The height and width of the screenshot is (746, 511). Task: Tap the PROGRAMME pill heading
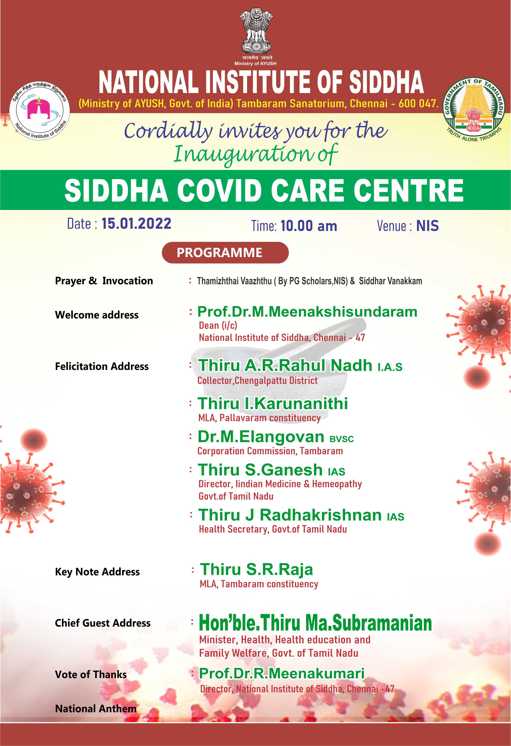(x=225, y=253)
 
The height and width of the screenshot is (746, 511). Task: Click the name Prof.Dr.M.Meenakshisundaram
(x=307, y=312)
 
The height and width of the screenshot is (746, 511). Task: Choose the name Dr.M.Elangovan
(x=261, y=437)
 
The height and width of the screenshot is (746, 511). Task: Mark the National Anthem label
(x=96, y=709)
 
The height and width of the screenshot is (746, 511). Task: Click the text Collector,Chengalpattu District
(x=257, y=381)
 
